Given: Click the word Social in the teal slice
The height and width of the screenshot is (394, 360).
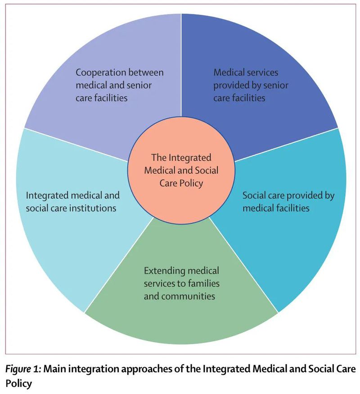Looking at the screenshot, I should coord(255,196).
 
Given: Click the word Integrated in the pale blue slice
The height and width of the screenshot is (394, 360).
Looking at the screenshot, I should coord(46,196).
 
